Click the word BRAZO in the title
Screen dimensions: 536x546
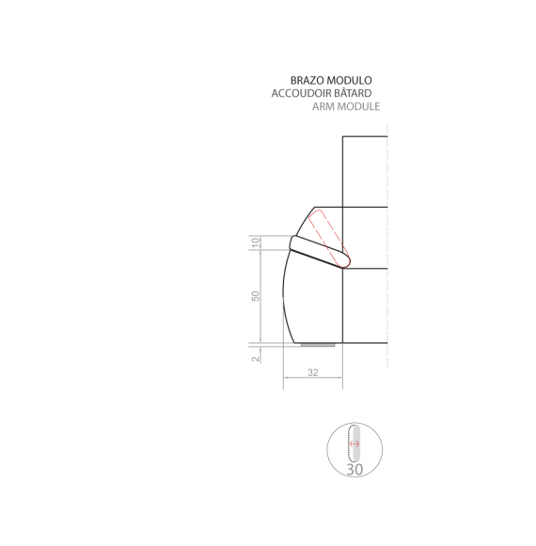point(303,81)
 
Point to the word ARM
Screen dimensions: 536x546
point(322,106)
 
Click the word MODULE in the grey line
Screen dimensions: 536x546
point(357,106)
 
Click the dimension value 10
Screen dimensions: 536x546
point(256,242)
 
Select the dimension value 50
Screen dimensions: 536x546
point(256,296)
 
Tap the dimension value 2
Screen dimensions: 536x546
point(256,359)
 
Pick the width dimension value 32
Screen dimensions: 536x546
point(313,372)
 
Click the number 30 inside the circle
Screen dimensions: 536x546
point(355,469)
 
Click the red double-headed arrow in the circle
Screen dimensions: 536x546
point(355,444)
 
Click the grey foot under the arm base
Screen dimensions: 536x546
point(318,345)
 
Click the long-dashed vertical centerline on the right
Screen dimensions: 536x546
point(387,246)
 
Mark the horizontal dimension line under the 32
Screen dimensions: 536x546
point(313,378)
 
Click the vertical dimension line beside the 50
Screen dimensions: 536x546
point(260,296)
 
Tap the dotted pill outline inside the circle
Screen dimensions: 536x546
point(350,443)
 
